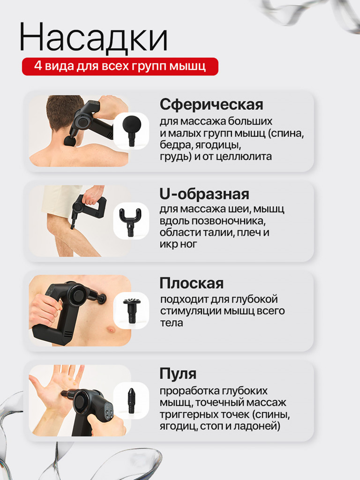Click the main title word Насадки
93,37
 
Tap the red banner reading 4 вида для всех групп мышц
120,66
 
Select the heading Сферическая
211,104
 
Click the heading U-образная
204,194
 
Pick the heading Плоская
191,283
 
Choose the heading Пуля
178,374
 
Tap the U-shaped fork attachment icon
131,220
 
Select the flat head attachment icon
131,309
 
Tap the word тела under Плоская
172,323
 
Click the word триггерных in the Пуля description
187,414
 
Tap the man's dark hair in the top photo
64,110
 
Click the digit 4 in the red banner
37,66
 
